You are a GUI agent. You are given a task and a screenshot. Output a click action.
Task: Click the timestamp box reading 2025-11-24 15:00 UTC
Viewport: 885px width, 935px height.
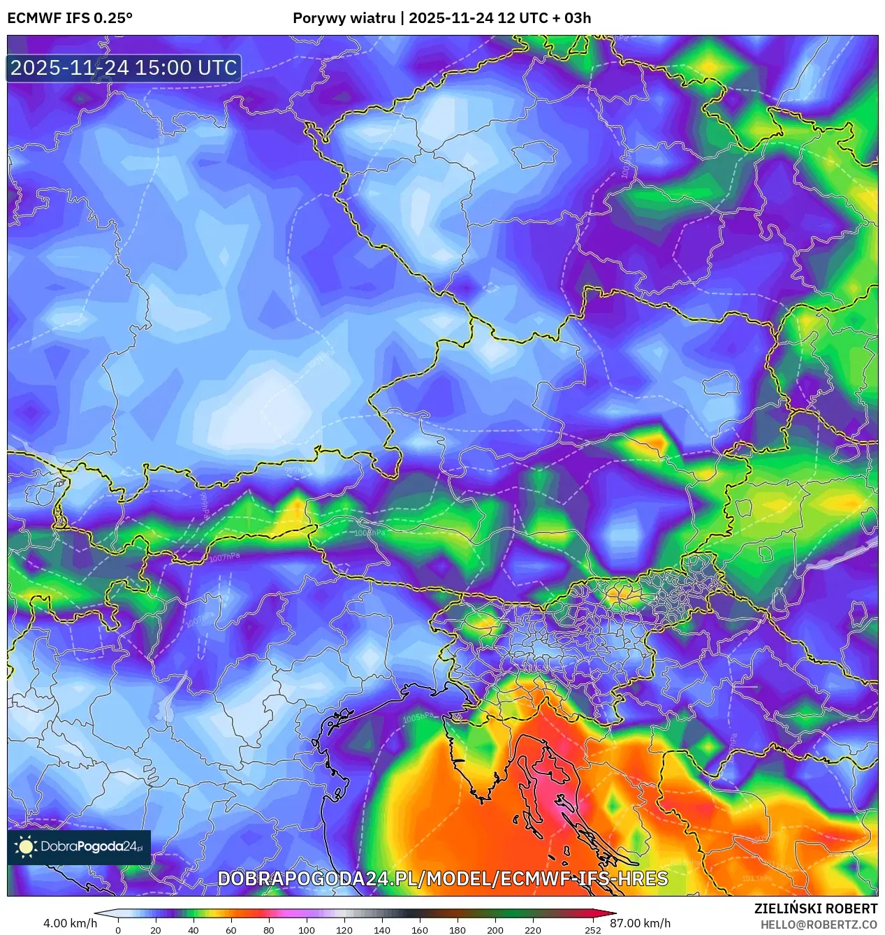[124, 68]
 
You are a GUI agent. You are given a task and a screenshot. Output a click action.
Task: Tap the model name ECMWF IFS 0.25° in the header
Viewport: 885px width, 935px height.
[70, 18]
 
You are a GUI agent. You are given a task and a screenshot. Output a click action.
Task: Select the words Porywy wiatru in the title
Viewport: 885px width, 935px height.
[344, 18]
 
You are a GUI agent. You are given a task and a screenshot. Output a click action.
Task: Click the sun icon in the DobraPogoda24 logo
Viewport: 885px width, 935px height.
[27, 847]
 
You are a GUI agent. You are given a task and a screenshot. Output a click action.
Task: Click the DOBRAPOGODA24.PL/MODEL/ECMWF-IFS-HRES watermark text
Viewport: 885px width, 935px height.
[442, 878]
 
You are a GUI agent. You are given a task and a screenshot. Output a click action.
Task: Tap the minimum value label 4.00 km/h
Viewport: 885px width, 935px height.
[70, 923]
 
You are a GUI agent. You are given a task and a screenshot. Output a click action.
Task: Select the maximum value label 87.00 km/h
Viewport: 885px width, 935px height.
[640, 923]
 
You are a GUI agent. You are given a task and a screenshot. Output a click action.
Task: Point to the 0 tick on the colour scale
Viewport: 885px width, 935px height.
[117, 930]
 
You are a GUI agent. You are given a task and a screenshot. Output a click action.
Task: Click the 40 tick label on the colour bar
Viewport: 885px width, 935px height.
[193, 930]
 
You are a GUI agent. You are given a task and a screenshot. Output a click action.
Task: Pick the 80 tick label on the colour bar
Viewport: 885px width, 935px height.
[268, 930]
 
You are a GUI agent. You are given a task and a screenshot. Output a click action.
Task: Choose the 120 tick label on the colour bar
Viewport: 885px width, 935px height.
[344, 930]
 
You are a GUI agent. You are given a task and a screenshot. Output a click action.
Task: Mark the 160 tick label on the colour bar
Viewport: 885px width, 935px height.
[419, 930]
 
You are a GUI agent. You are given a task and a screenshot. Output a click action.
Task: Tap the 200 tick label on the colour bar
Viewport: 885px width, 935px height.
[495, 930]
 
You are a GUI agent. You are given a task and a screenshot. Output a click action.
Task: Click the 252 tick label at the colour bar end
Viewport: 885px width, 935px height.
[592, 930]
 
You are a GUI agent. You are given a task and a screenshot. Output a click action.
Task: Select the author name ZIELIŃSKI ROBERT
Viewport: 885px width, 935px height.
[815, 908]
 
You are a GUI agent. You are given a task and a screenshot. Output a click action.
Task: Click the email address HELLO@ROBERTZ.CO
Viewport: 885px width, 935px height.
[819, 925]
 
